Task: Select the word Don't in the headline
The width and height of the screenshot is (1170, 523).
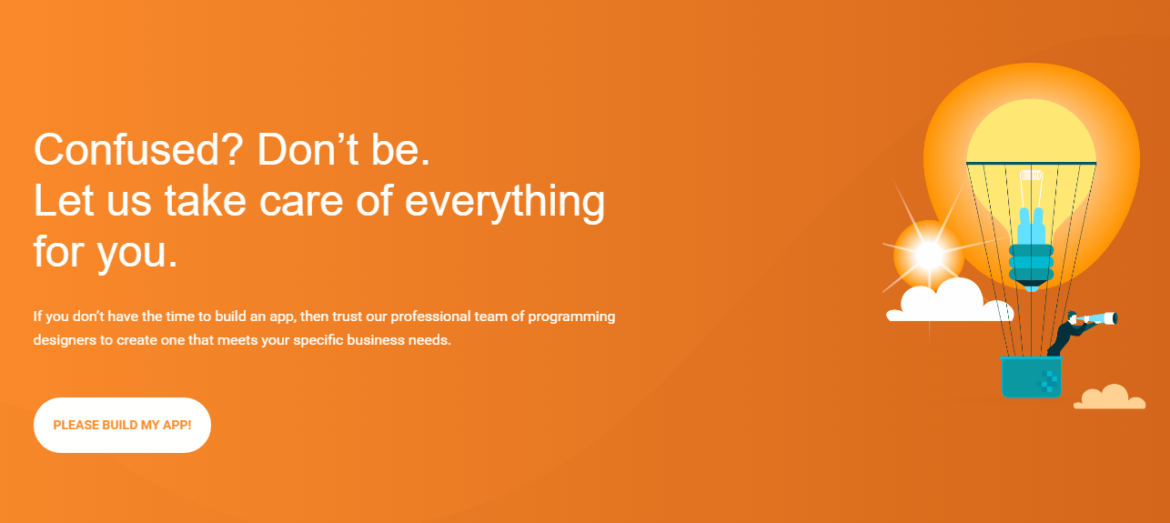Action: click(x=308, y=149)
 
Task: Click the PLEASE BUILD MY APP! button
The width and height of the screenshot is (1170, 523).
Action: click(x=122, y=425)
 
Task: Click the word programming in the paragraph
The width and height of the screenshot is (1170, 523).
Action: click(x=571, y=317)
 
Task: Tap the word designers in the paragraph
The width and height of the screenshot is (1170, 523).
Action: click(x=65, y=340)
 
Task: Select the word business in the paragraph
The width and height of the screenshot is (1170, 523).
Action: click(x=376, y=340)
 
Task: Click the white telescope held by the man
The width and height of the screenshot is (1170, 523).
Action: click(x=1098, y=318)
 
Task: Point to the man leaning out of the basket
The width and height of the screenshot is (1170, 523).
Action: click(x=1068, y=334)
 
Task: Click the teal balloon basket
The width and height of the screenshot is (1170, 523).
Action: click(x=1032, y=377)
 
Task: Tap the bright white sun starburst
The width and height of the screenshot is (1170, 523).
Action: click(x=929, y=256)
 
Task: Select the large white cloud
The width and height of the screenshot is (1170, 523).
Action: click(x=950, y=302)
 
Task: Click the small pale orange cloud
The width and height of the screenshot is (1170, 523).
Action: click(x=1109, y=397)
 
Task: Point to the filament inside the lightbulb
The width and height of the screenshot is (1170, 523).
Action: click(x=1031, y=189)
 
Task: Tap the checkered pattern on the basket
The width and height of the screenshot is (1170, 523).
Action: click(x=1047, y=381)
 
